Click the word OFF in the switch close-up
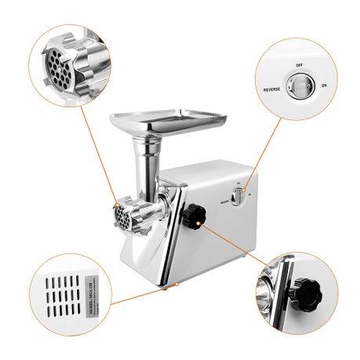coord(299,66)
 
